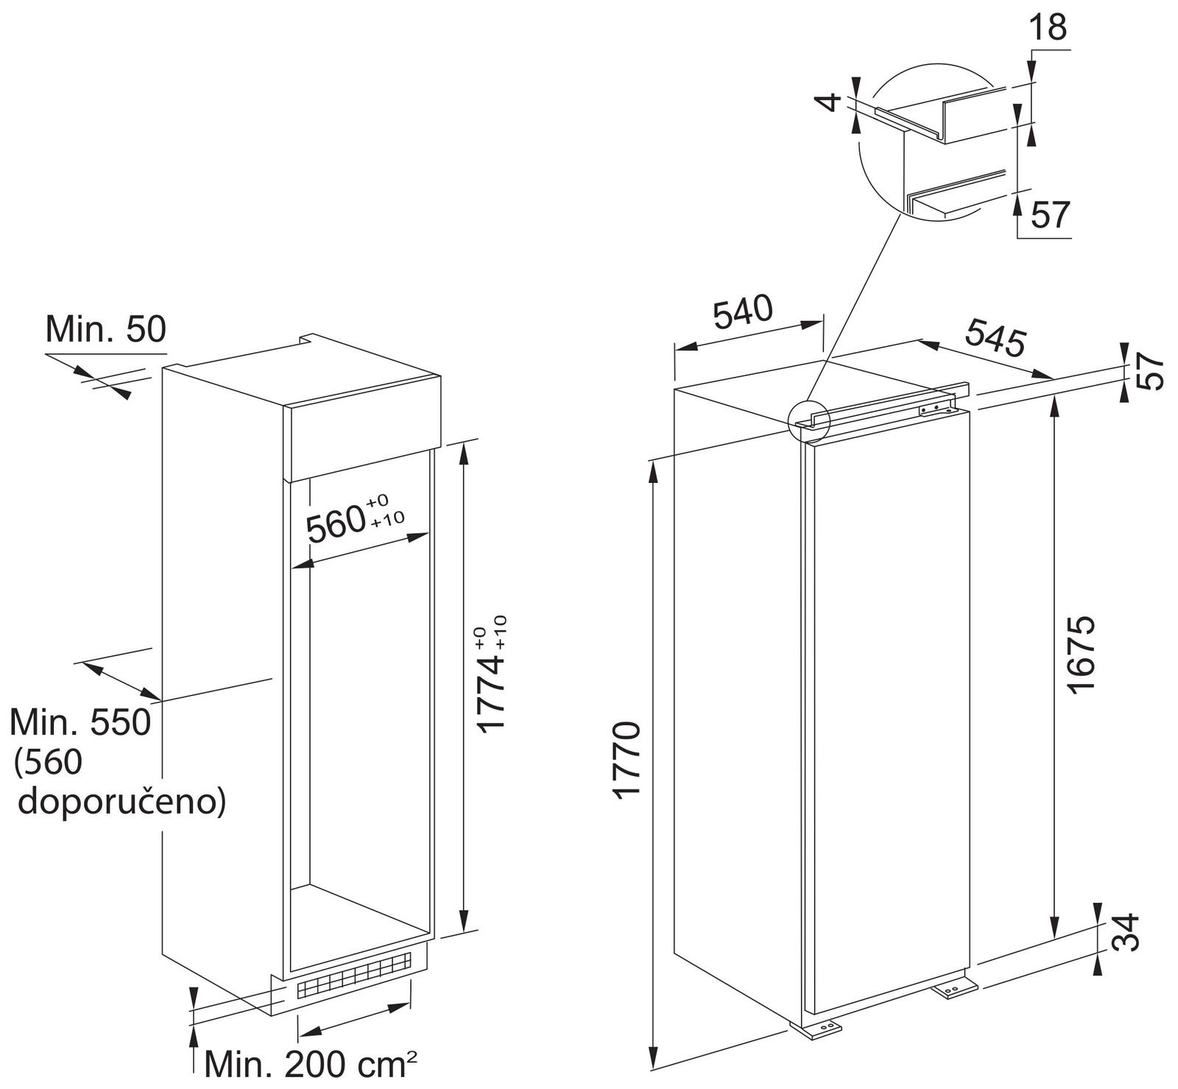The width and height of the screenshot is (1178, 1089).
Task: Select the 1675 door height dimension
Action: pyautogui.click(x=1079, y=654)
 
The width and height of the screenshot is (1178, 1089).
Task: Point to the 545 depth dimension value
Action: pyautogui.click(x=995, y=337)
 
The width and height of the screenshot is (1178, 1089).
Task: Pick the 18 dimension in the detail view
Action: pyautogui.click(x=1046, y=28)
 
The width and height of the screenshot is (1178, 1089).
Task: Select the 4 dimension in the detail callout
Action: pyautogui.click(x=830, y=102)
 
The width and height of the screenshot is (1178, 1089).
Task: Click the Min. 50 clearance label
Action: pyautogui.click(x=106, y=330)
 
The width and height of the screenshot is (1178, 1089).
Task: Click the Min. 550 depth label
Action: pyautogui.click(x=80, y=722)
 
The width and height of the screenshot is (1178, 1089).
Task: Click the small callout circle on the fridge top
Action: pyautogui.click(x=808, y=421)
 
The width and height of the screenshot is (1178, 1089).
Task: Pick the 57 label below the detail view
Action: pyautogui.click(x=1049, y=215)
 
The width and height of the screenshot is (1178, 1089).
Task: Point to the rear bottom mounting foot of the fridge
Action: pyautogui.click(x=955, y=989)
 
